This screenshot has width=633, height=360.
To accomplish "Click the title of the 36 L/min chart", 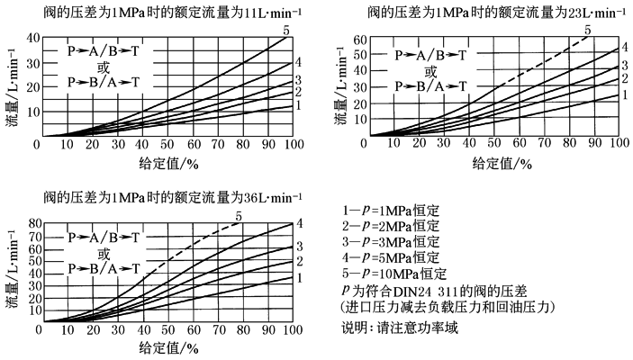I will (x=167, y=197).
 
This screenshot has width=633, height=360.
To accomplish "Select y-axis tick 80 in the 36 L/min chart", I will (x=29, y=222).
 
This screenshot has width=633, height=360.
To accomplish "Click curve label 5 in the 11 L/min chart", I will (x=287, y=31).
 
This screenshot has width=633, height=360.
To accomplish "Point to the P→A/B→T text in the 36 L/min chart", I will (x=104, y=238).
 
